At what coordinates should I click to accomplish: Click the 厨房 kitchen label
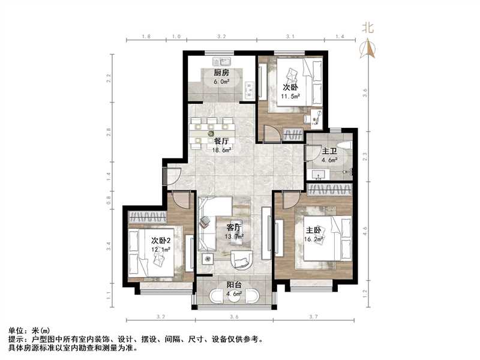[221, 73]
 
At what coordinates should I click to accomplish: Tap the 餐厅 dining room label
[221, 142]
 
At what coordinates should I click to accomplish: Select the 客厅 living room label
[234, 227]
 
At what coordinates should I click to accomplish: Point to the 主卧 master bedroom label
[313, 230]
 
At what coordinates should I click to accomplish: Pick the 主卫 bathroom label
[329, 152]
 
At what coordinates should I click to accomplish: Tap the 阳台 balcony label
[234, 285]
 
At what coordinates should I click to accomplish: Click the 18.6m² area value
[221, 150]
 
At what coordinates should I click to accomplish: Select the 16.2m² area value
[314, 239]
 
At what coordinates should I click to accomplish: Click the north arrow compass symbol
[368, 49]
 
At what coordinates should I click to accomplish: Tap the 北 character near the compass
[368, 28]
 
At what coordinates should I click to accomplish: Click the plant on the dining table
[211, 134]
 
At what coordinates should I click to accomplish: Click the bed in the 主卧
[328, 238]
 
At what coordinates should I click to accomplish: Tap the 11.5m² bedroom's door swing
[272, 133]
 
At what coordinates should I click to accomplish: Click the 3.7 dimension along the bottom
[314, 317]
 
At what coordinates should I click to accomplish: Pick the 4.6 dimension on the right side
[365, 230]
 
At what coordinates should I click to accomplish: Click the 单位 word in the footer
[16, 331]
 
